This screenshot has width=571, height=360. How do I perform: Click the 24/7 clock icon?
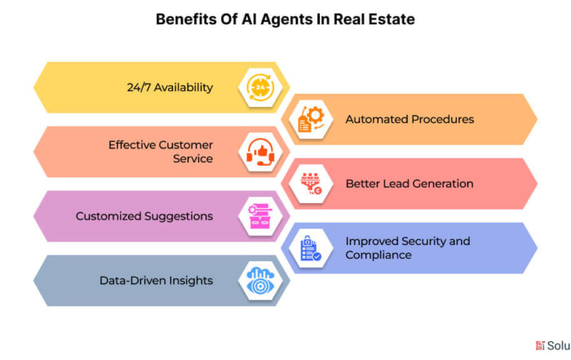click(x=260, y=87)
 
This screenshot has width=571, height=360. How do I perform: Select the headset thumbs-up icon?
click(x=260, y=152)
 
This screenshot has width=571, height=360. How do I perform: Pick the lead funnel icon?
click(x=311, y=184)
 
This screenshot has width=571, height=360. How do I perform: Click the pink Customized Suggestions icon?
click(x=260, y=216)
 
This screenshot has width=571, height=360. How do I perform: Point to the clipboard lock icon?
click(x=311, y=248)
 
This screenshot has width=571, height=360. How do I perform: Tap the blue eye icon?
click(x=260, y=281)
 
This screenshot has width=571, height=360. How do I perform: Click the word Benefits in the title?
click(x=186, y=20)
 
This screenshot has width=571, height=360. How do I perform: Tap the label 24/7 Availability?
click(x=170, y=87)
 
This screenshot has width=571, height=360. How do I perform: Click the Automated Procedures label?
click(x=409, y=119)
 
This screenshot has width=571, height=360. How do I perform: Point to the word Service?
click(x=193, y=158)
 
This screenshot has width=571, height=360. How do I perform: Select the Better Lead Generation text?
click(x=409, y=184)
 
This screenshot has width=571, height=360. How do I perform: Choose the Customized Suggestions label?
click(x=144, y=216)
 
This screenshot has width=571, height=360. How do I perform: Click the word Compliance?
click(x=378, y=255)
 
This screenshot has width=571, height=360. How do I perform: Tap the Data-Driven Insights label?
click(x=157, y=281)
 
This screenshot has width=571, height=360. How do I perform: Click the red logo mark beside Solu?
click(x=540, y=345)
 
